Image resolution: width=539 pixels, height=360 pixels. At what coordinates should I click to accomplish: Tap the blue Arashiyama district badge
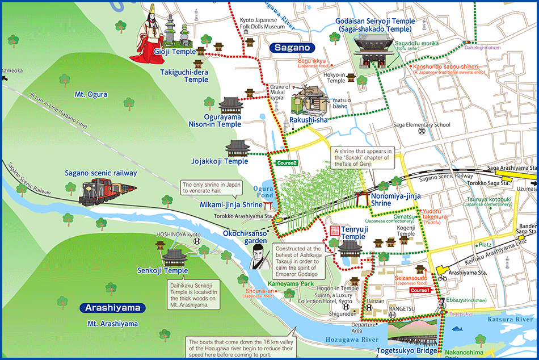112,308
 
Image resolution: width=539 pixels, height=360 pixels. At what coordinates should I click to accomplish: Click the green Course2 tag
287,163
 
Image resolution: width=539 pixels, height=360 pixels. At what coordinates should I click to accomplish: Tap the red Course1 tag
420,290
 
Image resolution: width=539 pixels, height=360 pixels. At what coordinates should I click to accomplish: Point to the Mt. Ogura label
90,94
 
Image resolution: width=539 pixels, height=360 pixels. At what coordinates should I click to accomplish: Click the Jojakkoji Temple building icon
237,148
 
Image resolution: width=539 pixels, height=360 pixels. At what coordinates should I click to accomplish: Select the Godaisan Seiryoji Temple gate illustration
369,48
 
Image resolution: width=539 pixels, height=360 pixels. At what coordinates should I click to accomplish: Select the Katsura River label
509,320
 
